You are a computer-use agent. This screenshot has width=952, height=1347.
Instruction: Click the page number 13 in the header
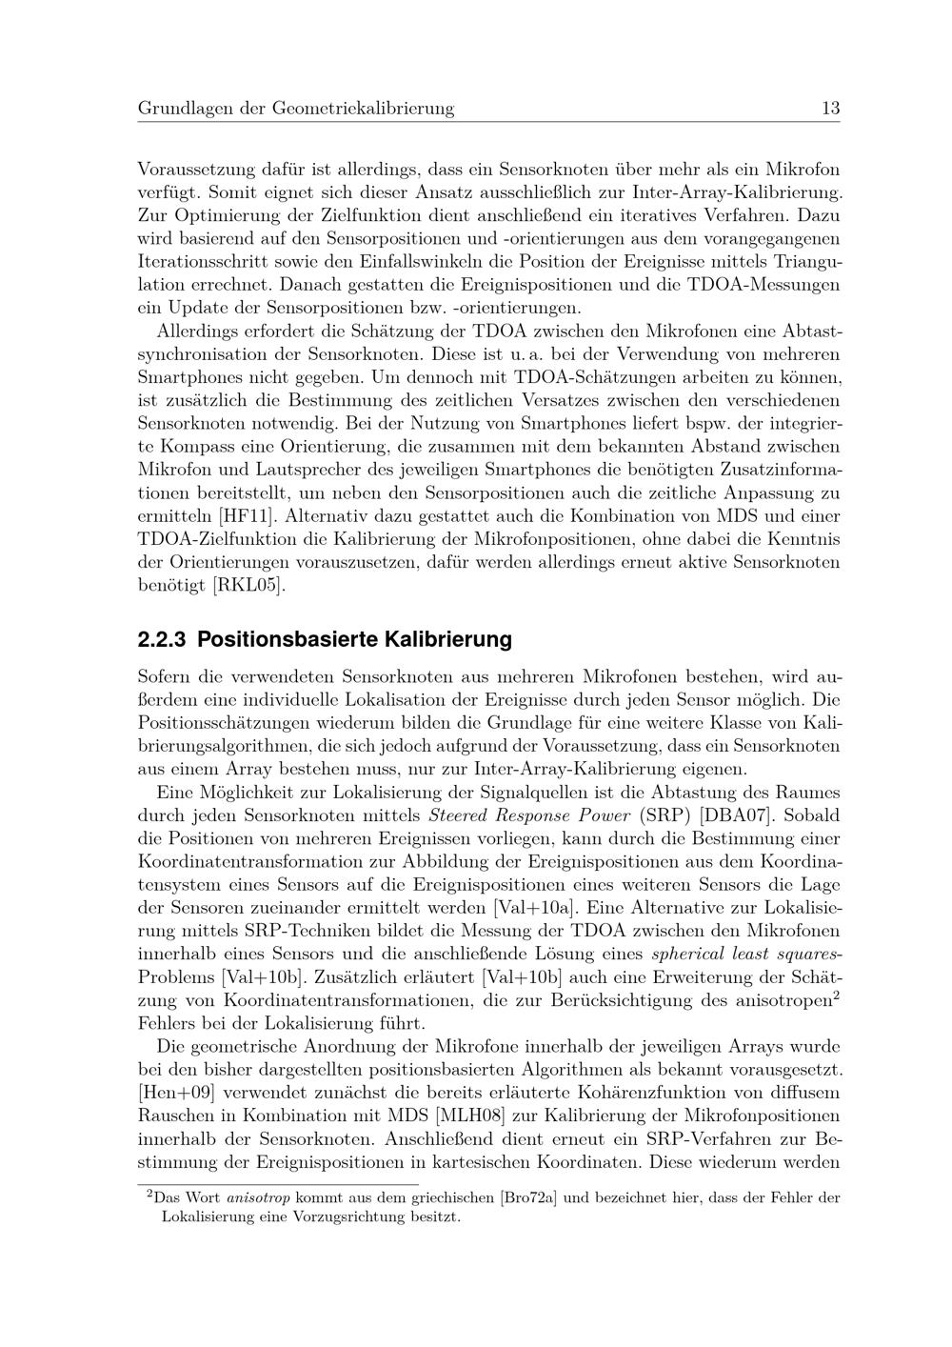(x=830, y=109)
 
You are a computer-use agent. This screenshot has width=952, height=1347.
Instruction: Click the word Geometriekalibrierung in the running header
(x=363, y=109)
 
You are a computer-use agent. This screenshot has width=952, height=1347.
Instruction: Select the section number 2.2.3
(x=163, y=639)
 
